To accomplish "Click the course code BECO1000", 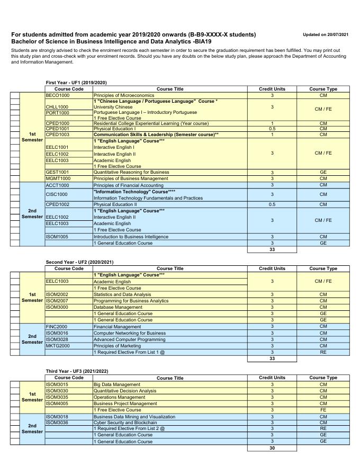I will click(x=58, y=95).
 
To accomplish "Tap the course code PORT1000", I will click(x=58, y=113).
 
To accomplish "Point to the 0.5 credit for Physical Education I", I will click(x=272, y=129).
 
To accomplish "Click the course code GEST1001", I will click(x=58, y=172).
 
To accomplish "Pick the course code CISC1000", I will click(x=58, y=194).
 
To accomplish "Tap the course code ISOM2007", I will click(x=57, y=300).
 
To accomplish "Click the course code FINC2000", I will click(x=57, y=327).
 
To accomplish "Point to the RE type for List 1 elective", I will click(x=323, y=352).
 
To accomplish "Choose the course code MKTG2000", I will click(x=58, y=346).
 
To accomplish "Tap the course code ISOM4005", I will click(x=57, y=404).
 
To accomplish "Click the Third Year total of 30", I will click(x=272, y=448).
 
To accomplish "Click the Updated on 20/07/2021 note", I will click(x=326, y=34).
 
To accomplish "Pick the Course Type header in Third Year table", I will click(x=323, y=378).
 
